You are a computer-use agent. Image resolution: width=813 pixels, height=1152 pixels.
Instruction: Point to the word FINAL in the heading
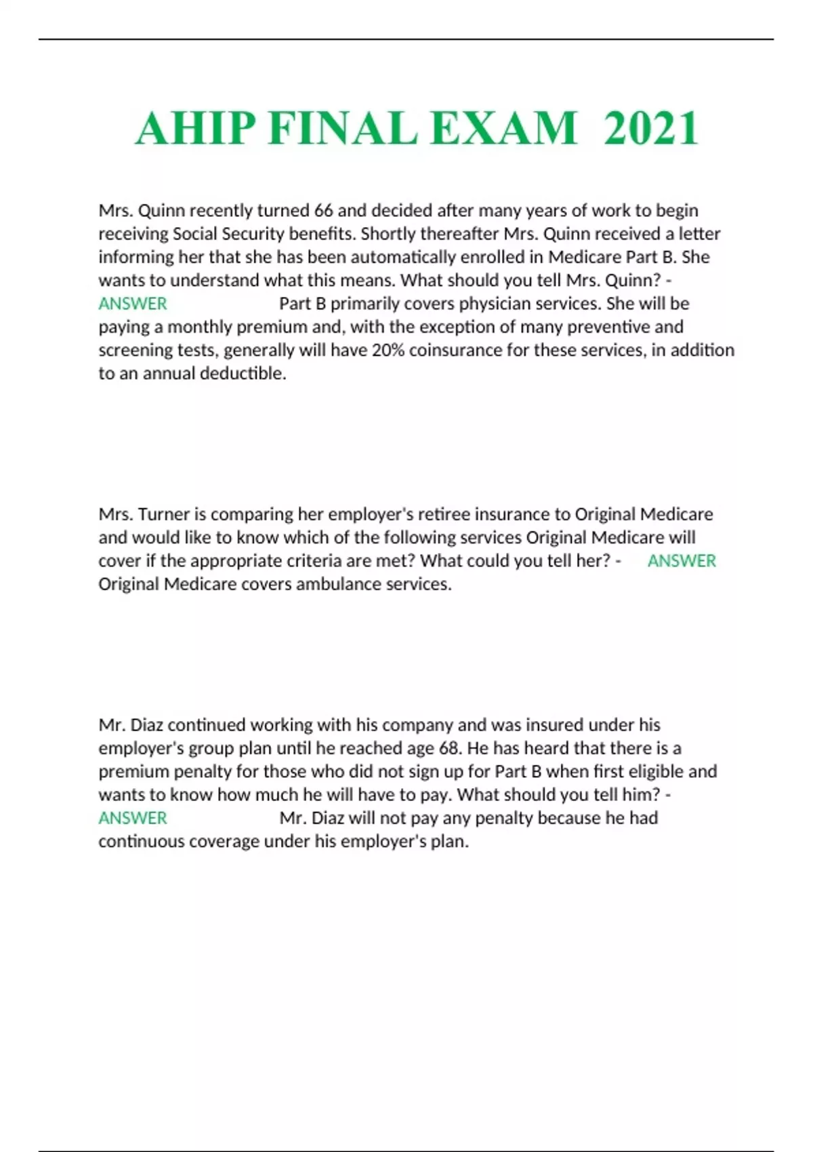[342, 128]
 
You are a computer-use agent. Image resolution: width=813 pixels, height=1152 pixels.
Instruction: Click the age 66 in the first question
[323, 211]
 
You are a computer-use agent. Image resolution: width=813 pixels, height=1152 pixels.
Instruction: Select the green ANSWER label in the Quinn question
[133, 304]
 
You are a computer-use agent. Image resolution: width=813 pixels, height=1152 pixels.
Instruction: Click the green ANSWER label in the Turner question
[682, 561]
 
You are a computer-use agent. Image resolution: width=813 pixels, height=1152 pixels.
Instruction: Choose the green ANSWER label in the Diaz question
[133, 818]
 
